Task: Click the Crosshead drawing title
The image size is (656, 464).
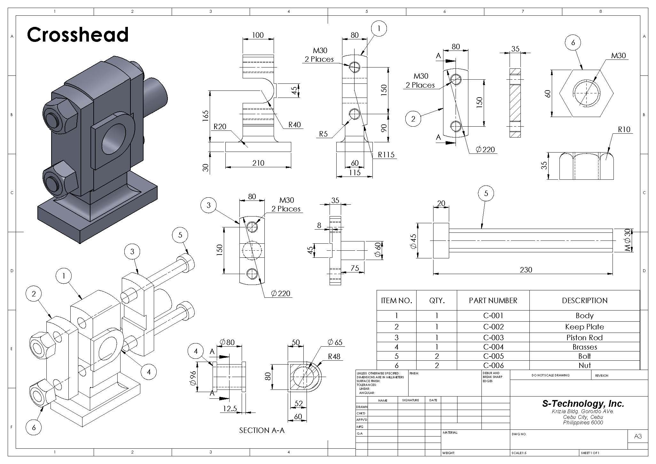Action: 78,35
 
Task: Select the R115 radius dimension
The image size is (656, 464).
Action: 386,155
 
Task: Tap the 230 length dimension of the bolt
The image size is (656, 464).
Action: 526,270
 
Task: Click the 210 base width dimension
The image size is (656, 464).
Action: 258,163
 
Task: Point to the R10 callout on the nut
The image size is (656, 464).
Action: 624,130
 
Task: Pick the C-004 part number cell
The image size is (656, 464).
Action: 493,347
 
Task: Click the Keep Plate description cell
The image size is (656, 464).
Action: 584,327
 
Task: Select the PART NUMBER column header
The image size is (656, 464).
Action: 493,301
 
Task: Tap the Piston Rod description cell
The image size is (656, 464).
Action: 584,338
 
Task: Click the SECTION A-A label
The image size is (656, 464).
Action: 262,430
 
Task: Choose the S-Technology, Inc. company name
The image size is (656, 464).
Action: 583,404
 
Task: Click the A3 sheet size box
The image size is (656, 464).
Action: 637,436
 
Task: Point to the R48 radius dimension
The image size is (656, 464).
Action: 334,356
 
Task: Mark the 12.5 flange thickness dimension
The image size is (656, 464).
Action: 230,408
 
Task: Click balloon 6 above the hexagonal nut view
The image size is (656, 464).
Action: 573,43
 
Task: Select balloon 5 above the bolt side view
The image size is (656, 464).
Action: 486,193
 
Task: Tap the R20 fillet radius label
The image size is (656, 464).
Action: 220,127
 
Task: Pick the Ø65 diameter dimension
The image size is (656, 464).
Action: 335,342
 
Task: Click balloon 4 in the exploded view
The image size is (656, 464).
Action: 149,372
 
